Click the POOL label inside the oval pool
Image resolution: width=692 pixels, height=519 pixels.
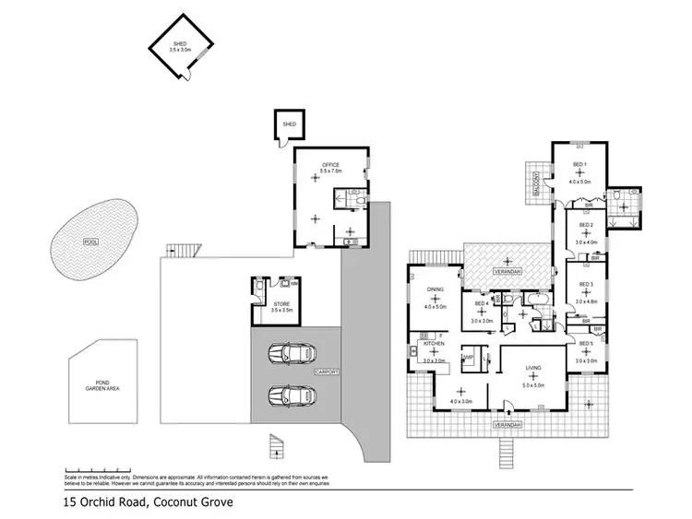(89, 242)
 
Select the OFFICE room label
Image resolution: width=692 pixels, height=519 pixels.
(330, 165)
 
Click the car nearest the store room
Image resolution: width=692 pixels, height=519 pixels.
(291, 353)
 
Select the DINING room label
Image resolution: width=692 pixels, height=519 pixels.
(435, 289)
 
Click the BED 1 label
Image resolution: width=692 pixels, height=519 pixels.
(579, 165)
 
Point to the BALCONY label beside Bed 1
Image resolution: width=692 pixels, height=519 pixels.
(535, 184)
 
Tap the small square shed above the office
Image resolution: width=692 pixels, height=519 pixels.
(288, 124)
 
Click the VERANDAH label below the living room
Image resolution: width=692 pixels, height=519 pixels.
(507, 426)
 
